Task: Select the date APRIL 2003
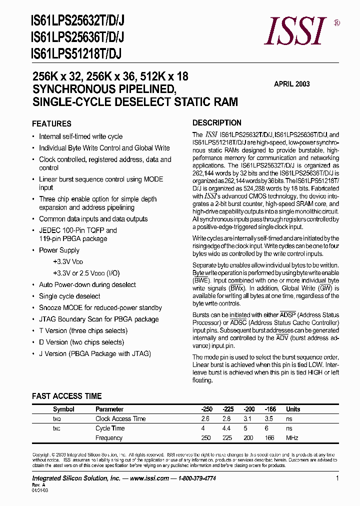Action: click(x=291, y=84)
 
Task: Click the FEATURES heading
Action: click(x=51, y=123)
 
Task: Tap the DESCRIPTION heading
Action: click(x=217, y=122)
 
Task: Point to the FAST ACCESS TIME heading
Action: click(x=66, y=396)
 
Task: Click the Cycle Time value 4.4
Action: click(x=226, y=428)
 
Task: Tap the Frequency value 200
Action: click(x=248, y=438)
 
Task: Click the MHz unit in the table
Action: click(x=292, y=438)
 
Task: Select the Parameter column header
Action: click(x=109, y=409)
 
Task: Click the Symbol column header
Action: click(x=63, y=409)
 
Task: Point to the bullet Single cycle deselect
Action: click(x=69, y=296)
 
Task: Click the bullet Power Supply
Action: click(x=59, y=250)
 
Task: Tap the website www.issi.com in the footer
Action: click(x=149, y=478)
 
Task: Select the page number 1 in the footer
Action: click(x=337, y=478)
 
